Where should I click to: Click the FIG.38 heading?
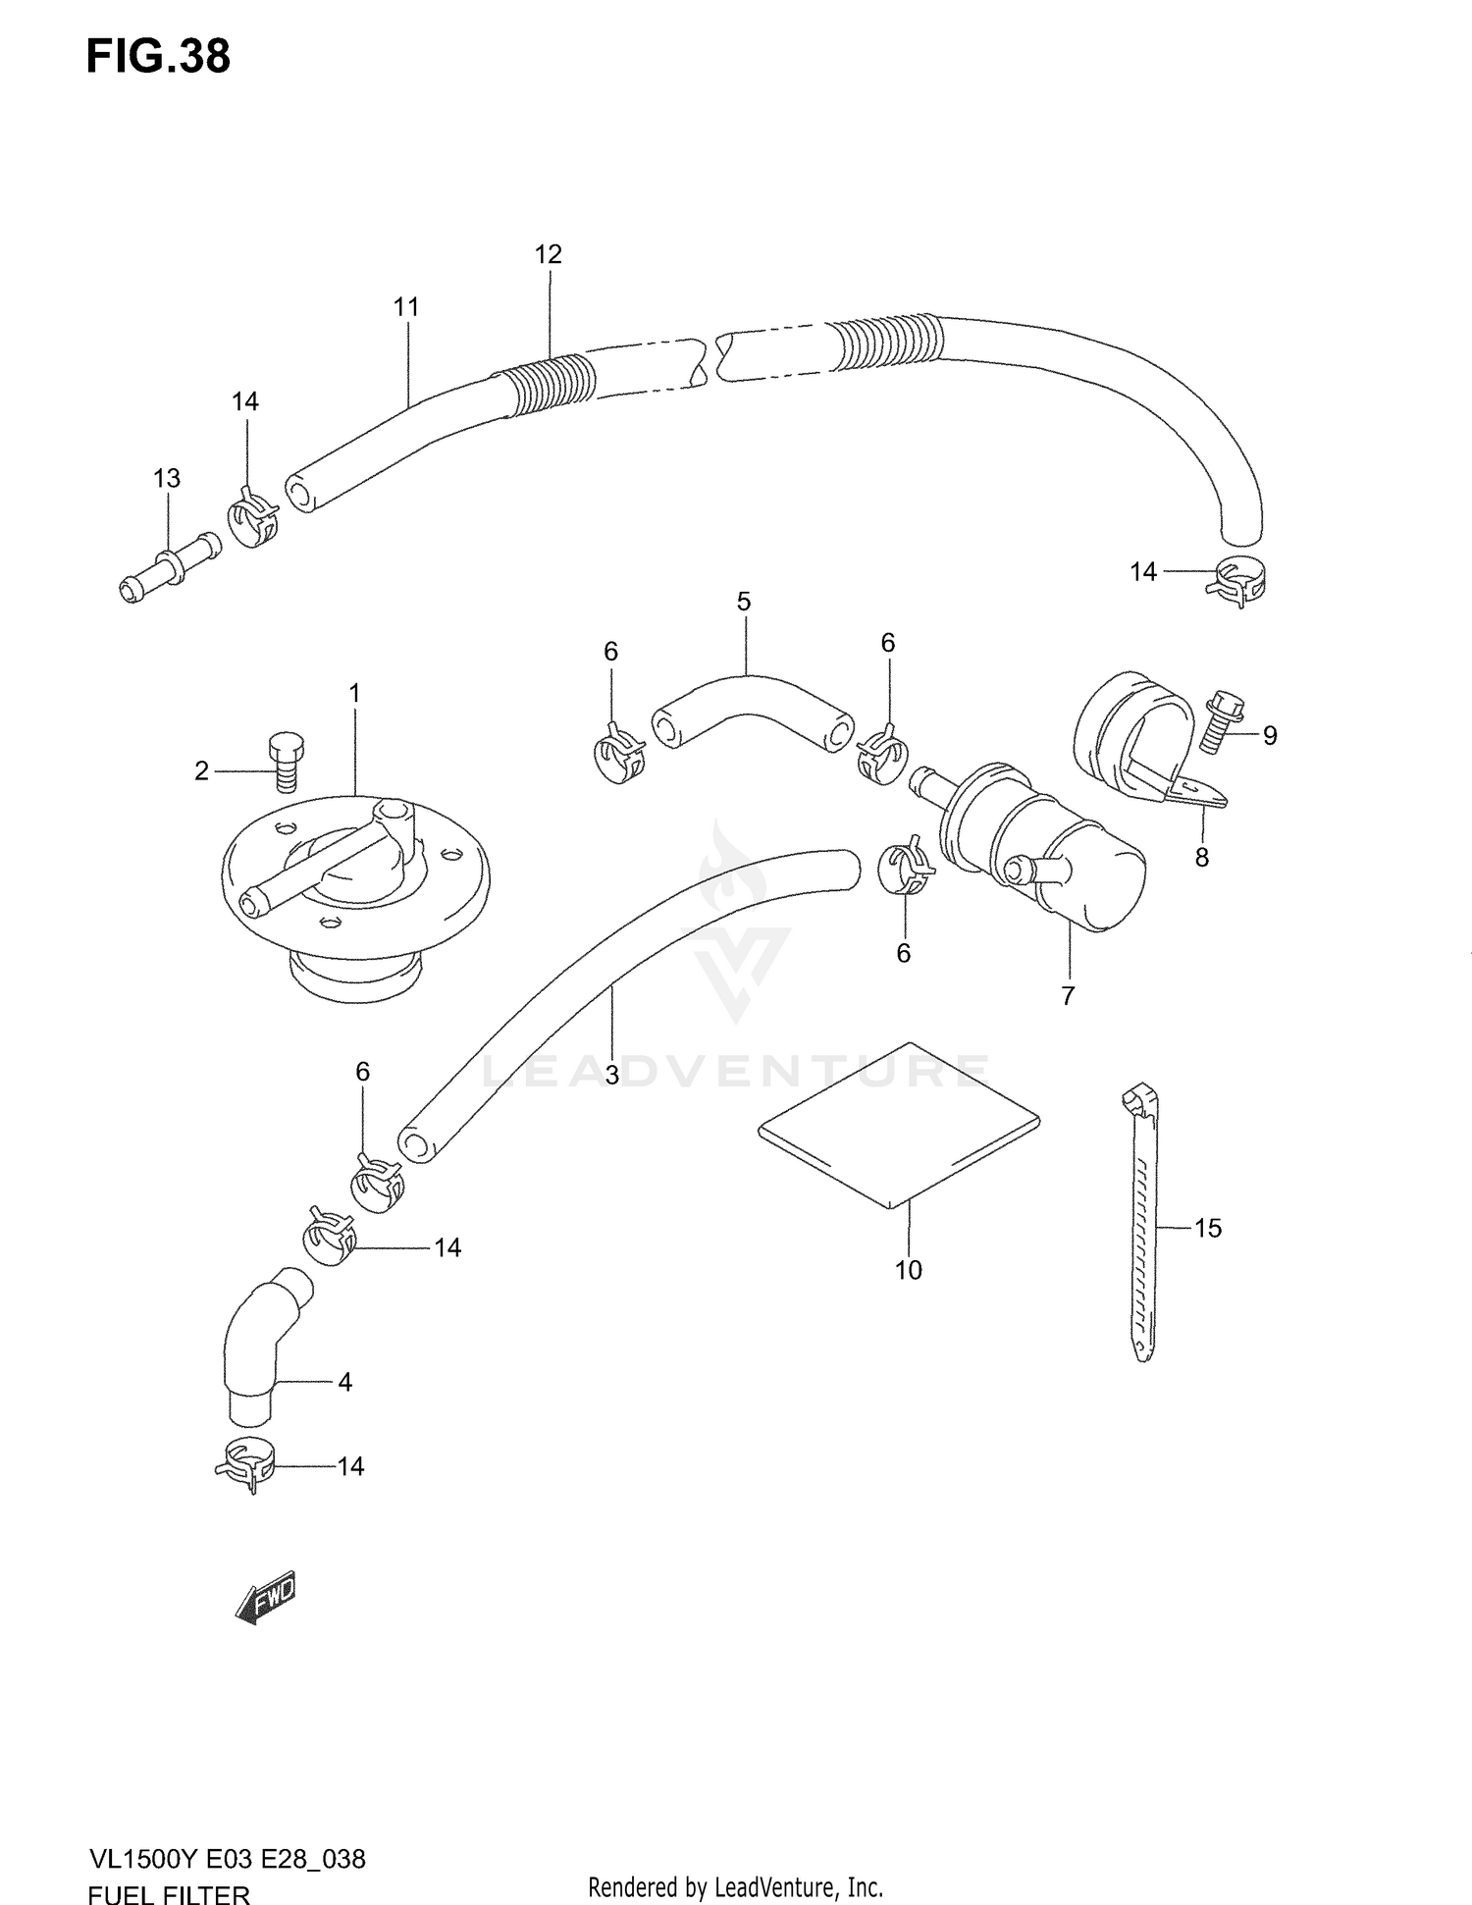click(x=159, y=57)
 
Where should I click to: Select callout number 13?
click(x=167, y=478)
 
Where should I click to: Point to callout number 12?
click(x=548, y=254)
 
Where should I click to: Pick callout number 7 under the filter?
click(x=1068, y=995)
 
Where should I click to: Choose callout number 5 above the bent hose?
click(x=744, y=601)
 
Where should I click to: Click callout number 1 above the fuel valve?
click(x=354, y=693)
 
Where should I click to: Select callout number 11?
click(x=406, y=307)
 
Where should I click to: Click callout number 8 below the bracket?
click(x=1201, y=857)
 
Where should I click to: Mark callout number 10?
click(x=909, y=1270)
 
